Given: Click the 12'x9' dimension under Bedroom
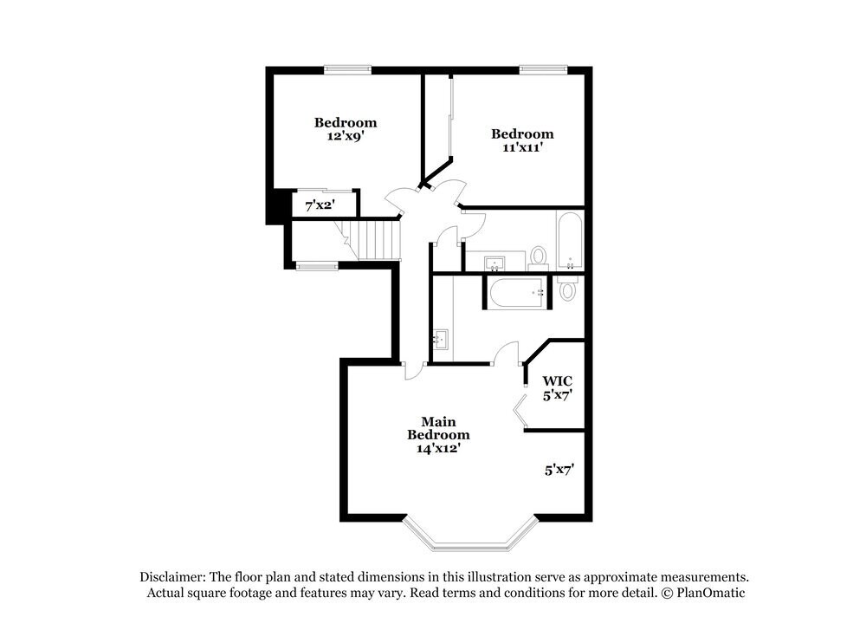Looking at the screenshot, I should (345, 136).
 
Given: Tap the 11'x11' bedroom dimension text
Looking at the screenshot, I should (522, 147).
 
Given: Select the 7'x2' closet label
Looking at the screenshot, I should (320, 205).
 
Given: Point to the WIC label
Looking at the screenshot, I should (557, 380).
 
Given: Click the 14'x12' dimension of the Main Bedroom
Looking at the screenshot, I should (438, 448).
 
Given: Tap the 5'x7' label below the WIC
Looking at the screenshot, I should (559, 470).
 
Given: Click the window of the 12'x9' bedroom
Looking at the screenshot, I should (348, 68).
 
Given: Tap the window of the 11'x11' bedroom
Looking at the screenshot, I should (543, 68).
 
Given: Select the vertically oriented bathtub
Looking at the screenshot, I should (570, 241).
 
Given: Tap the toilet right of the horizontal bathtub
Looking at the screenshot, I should (568, 289).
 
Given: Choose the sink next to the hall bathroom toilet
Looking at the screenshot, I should (494, 262).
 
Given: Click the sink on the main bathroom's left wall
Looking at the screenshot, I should (441, 340).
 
